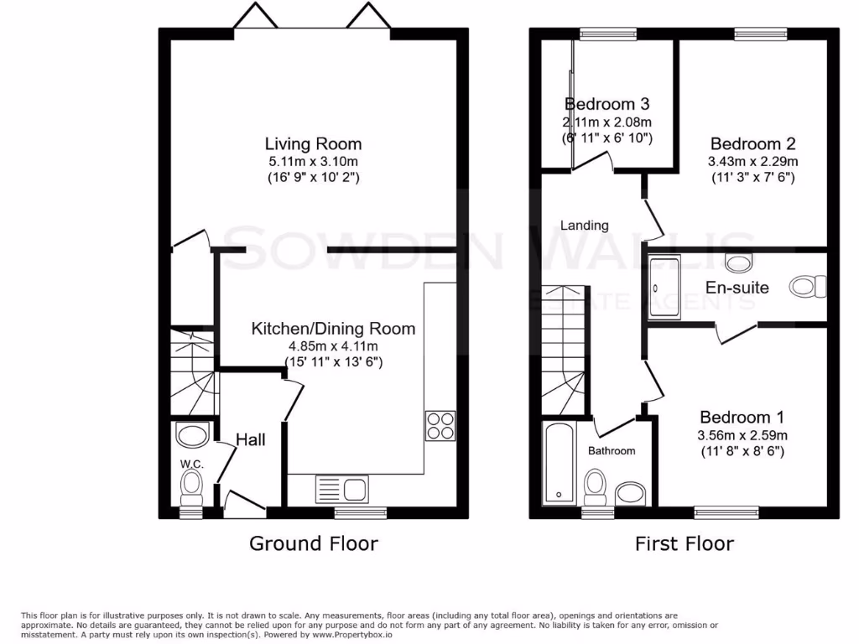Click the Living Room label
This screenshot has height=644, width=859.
[x=313, y=143]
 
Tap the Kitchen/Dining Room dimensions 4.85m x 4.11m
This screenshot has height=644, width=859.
[x=333, y=345]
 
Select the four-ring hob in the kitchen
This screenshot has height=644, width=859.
[x=440, y=425]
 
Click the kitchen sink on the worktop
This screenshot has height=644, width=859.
[x=341, y=487]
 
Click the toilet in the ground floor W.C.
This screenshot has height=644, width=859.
[x=192, y=485]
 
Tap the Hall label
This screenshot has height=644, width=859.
[x=251, y=439]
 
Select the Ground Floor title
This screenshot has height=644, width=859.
[x=314, y=543]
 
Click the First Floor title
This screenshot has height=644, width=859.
[x=684, y=543]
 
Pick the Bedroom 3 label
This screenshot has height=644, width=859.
[x=607, y=105]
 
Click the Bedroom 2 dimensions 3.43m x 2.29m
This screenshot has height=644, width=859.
[x=752, y=161]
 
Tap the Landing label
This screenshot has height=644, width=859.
[x=584, y=225]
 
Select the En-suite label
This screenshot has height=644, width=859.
[x=737, y=288]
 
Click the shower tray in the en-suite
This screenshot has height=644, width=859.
[x=667, y=288]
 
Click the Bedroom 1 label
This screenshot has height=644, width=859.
[x=742, y=417]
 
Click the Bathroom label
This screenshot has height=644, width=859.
[x=611, y=450]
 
